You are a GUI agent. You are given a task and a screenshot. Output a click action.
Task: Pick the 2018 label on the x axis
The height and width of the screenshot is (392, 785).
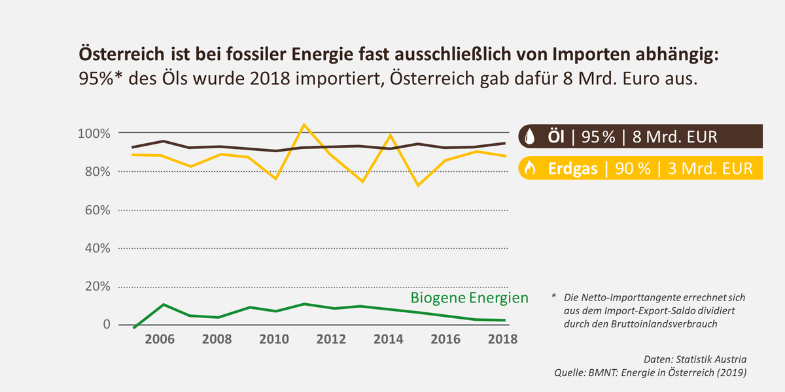504,339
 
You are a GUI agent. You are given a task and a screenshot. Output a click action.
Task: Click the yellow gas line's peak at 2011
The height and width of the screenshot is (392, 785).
304,124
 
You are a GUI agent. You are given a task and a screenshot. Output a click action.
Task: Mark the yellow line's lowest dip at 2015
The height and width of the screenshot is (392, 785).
418,186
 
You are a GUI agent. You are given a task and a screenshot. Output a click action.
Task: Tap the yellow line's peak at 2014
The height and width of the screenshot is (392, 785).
390,135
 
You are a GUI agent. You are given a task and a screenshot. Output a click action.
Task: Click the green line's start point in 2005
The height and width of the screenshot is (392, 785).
134,327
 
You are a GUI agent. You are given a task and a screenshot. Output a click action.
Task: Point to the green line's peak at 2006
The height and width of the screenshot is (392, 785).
163,304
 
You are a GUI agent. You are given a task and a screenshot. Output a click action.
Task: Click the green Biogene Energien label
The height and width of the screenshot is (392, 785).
469,298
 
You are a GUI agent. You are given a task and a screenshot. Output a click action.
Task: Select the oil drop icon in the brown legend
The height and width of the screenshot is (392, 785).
529,138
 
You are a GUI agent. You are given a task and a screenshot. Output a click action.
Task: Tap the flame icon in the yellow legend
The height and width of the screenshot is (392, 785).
529,168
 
